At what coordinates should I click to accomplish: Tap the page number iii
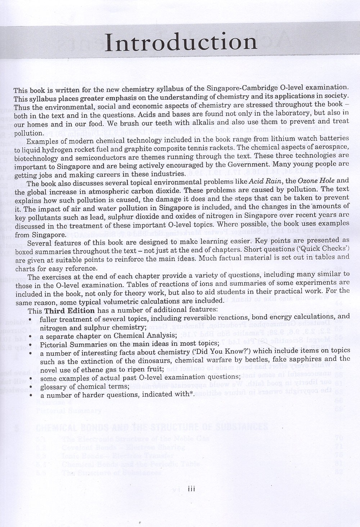click(x=191, y=489)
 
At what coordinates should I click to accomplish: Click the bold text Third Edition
click(x=69, y=311)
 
